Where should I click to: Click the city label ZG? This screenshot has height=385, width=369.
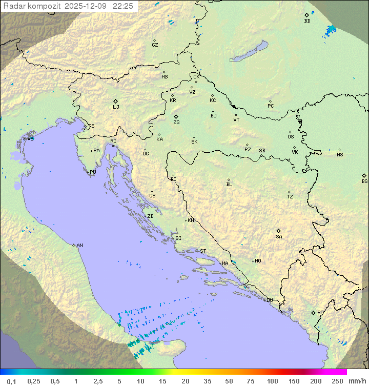(x=176, y=123)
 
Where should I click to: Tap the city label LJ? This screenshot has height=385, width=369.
(x=116, y=107)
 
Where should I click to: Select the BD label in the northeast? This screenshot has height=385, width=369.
(x=307, y=21)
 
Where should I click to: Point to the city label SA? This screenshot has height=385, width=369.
(x=279, y=237)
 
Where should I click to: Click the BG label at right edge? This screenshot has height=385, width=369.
(x=364, y=181)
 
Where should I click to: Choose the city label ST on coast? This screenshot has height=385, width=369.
(x=203, y=251)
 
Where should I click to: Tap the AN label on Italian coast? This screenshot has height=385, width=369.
(x=79, y=246)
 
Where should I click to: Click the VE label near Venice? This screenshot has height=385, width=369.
(x=30, y=139)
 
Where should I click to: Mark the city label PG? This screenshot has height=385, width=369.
(x=320, y=312)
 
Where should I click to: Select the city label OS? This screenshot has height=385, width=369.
(x=291, y=137)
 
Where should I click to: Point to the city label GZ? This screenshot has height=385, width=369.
(x=155, y=45)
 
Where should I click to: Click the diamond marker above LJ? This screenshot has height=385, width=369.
(x=116, y=101)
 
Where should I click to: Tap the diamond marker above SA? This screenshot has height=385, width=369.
(x=279, y=231)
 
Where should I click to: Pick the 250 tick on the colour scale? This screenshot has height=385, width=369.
(x=337, y=381)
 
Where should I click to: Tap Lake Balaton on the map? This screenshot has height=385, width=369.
(x=249, y=52)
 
